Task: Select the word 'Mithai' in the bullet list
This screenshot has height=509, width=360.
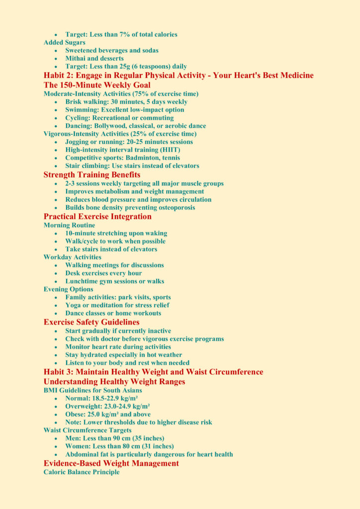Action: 76,59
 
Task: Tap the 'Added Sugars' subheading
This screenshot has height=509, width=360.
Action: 64,43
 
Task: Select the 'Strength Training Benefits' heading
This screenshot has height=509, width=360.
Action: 92,175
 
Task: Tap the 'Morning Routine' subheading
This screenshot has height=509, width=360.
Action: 69,225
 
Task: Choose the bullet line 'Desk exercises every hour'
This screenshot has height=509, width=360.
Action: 103,273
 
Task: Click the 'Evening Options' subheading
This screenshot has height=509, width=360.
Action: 68,289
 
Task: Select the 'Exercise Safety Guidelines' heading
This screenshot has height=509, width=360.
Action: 91,322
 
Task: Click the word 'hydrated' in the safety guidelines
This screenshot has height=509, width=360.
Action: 96,355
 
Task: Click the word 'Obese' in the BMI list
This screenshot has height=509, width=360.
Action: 75,415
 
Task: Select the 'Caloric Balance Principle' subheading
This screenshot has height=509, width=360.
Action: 82,472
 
